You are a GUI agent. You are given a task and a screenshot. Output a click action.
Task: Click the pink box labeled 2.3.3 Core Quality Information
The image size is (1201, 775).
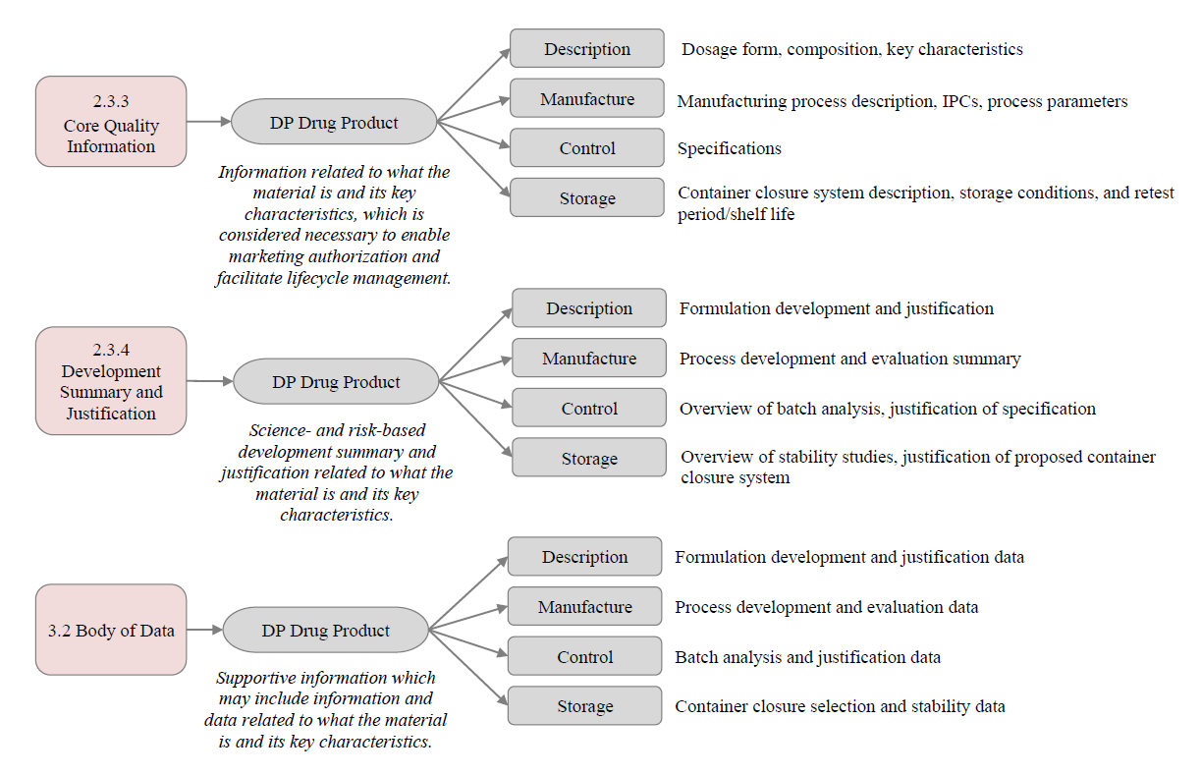[x=111, y=121]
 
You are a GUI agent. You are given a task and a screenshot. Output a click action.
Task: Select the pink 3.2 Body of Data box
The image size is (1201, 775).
[x=111, y=630]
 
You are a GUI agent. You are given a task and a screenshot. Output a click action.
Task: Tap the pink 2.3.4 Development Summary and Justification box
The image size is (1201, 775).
[x=111, y=381]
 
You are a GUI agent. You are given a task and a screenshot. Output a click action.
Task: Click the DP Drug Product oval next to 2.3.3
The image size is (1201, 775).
[x=334, y=122]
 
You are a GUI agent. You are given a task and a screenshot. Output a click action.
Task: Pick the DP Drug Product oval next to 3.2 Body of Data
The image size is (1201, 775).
[x=325, y=630]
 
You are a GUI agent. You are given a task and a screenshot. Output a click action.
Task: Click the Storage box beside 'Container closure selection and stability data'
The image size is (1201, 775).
[x=585, y=706]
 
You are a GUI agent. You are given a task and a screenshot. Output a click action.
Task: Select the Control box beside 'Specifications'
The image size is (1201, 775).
[x=587, y=147]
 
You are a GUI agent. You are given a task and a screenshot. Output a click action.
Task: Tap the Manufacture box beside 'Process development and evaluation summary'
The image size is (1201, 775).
[x=589, y=358]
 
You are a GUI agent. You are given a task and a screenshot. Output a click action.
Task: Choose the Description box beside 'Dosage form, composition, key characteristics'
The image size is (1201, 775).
[x=587, y=48]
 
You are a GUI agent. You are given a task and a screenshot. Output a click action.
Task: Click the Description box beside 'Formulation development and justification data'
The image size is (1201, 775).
[x=585, y=556]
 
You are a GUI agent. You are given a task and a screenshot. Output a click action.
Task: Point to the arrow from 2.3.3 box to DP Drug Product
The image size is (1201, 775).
[x=208, y=122]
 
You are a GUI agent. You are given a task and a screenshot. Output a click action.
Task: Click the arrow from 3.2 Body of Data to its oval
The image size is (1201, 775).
[x=204, y=630]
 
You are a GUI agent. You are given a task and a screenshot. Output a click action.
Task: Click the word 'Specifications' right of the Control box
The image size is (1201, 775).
[x=730, y=148]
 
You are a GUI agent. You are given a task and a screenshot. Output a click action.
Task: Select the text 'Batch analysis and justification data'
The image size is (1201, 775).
[x=807, y=657]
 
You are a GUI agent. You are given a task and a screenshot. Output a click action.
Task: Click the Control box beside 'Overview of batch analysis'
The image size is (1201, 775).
[x=589, y=408]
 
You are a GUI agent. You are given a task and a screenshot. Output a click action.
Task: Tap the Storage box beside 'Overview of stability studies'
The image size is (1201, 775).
[x=589, y=458]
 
